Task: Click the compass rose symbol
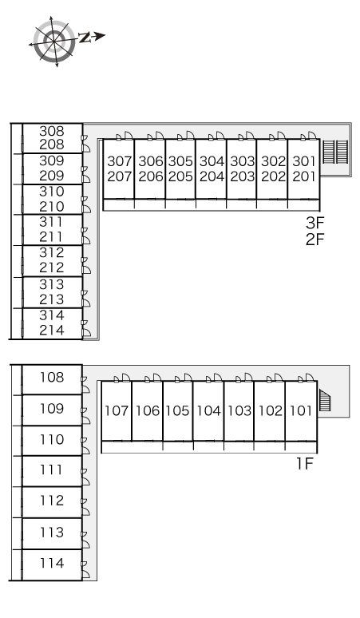pyautogui.click(x=54, y=42)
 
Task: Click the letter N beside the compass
pyautogui.click(x=85, y=38)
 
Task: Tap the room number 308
pyautogui.click(x=52, y=131)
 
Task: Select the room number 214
pyautogui.click(x=52, y=330)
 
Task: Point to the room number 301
pyautogui.click(x=304, y=161)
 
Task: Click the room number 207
pyautogui.click(x=120, y=176)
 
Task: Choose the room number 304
pyautogui.click(x=212, y=161)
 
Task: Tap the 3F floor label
pyautogui.click(x=315, y=223)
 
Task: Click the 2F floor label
pyautogui.click(x=315, y=240)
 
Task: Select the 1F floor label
pyautogui.click(x=304, y=464)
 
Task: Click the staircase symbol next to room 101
pyautogui.click(x=325, y=400)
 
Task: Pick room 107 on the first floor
pyautogui.click(x=117, y=410)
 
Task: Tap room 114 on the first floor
pyautogui.click(x=52, y=565)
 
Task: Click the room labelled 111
pyautogui.click(x=52, y=471)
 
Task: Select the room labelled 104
pyautogui.click(x=209, y=410)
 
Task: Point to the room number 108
pyautogui.click(x=52, y=378)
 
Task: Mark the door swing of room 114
pyautogui.click(x=86, y=574)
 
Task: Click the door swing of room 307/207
pyautogui.click(x=129, y=135)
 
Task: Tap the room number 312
pyautogui.click(x=52, y=252)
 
